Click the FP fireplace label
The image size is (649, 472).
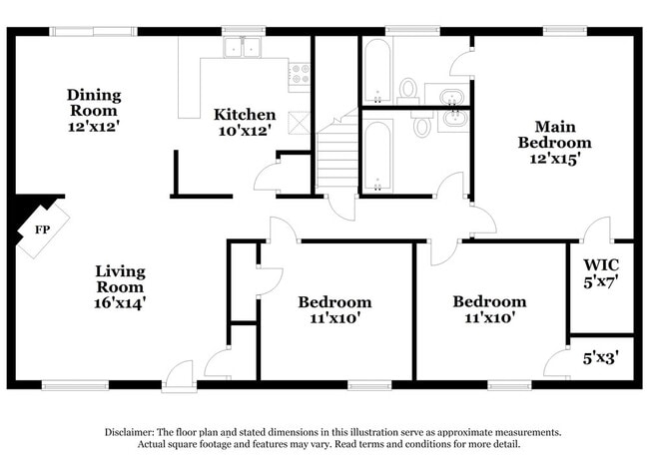click(x=42, y=230)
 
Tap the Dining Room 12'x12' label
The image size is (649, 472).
click(x=94, y=111)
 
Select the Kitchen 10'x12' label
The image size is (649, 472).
click(x=244, y=122)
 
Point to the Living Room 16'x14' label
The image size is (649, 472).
click(x=120, y=285)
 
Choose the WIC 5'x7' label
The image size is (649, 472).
click(x=602, y=272)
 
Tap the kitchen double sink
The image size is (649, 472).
click(x=242, y=49)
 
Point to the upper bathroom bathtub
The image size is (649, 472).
click(x=375, y=72)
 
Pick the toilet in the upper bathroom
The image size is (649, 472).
click(x=408, y=90)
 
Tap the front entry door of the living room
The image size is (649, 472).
click(x=181, y=375)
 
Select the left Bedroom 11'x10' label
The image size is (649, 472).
click(x=335, y=309)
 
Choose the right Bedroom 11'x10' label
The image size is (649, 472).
click(x=489, y=309)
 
